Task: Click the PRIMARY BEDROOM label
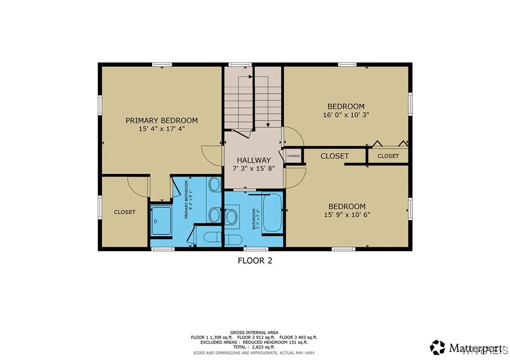click(x=162, y=120)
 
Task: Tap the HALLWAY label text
click(x=253, y=160)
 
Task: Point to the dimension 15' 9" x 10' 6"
click(x=347, y=215)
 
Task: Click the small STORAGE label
click(x=293, y=156)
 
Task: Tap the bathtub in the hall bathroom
click(x=272, y=213)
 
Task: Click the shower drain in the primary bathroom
click(x=155, y=221)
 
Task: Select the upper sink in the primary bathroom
click(x=214, y=184)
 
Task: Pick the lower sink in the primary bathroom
click(x=214, y=214)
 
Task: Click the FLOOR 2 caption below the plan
click(x=255, y=261)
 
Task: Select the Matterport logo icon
click(x=437, y=347)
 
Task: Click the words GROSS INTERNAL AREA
click(x=255, y=332)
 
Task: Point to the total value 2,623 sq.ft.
click(x=262, y=347)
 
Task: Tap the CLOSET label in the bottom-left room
click(x=124, y=212)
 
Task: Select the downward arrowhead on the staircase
click(x=268, y=124)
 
